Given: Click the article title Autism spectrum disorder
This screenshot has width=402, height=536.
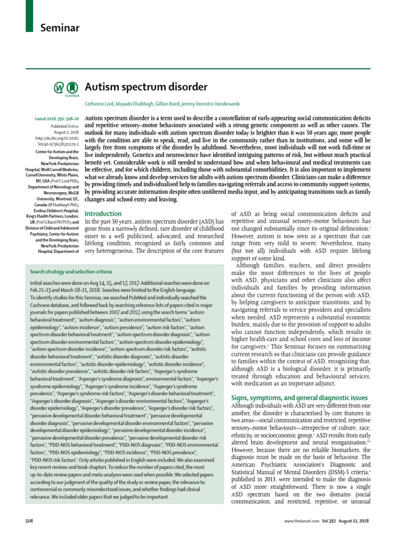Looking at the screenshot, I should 146,86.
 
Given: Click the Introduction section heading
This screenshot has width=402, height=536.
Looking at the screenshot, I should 103,214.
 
